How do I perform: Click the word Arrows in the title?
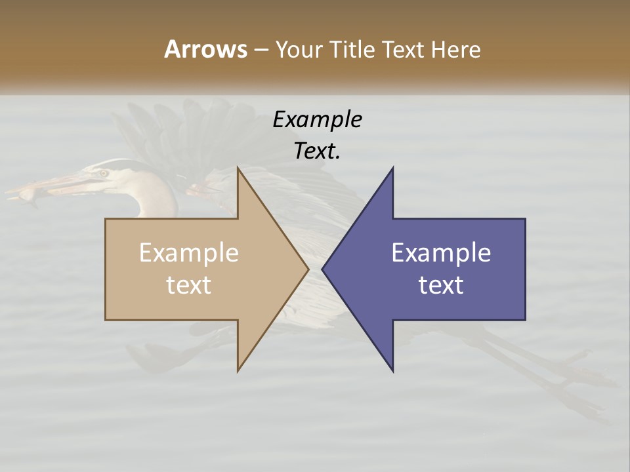[x=205, y=49]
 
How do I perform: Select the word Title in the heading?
[x=352, y=50]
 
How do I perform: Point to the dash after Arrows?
[x=261, y=50]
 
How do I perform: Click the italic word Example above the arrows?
[x=318, y=120]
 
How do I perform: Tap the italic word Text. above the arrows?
[x=318, y=151]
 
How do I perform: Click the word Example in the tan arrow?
[x=189, y=252]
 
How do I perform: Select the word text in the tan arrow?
[x=189, y=285]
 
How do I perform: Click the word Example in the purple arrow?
[x=441, y=252]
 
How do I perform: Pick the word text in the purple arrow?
[x=441, y=285]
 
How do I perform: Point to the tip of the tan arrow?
[x=308, y=269]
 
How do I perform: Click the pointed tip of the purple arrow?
[x=323, y=269]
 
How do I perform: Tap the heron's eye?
[x=103, y=173]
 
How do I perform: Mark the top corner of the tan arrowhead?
[x=238, y=168]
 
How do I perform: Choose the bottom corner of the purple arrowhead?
[x=392, y=371]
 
